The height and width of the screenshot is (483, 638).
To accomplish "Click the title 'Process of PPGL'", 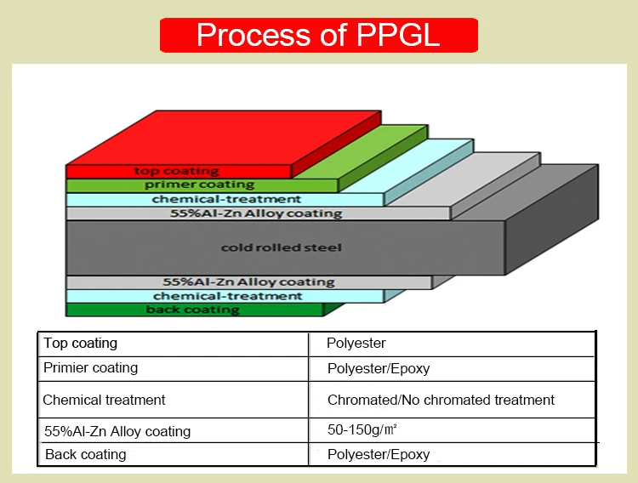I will coord(318,35).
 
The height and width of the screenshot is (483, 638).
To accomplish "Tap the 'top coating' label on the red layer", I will coord(176,171).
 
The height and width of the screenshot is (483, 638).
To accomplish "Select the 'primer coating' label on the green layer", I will coord(199,185).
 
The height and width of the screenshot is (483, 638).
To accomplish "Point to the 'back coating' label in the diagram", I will coord(192,310).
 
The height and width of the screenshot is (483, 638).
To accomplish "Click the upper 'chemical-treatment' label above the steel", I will coord(225,199).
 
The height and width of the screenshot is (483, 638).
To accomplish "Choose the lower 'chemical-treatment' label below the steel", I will coord(227,296).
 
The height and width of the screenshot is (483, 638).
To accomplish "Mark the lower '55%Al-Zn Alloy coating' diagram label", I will coord(248,281).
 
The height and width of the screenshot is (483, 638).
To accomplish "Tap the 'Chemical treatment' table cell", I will coord(104,400).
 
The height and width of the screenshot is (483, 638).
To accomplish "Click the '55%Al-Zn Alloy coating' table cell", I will coord(117,431).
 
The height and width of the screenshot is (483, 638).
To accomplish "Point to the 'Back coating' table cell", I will coord(85,455).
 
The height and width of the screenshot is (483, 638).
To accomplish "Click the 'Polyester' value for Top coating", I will coord(356,344).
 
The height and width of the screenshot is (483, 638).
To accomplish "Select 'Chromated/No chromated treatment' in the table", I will coord(441,400).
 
